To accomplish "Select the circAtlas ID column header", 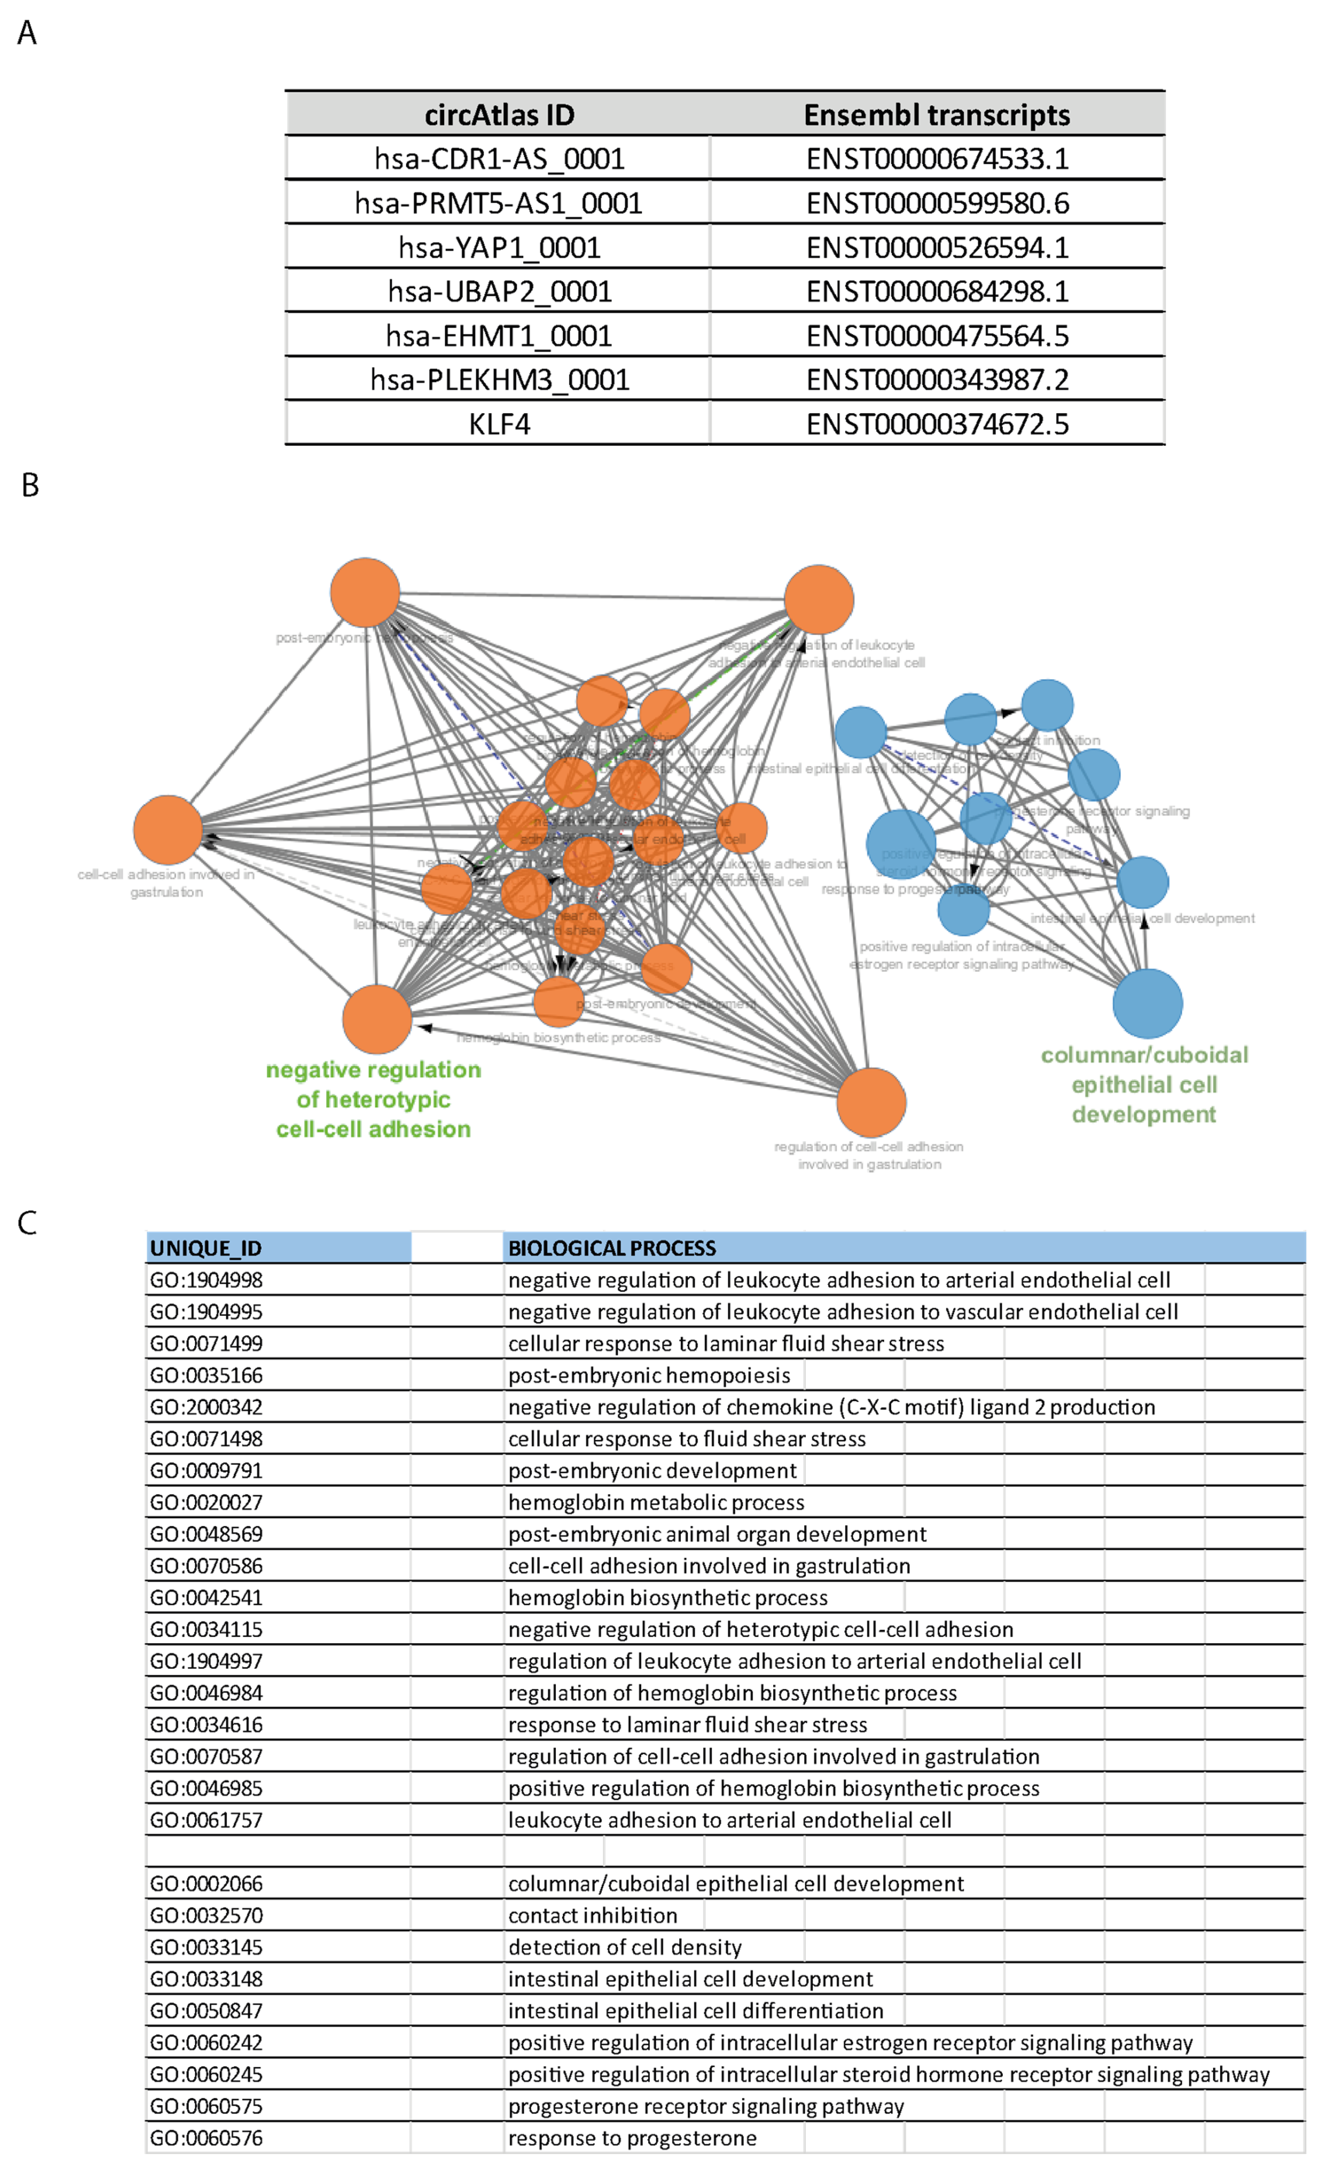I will tap(499, 115).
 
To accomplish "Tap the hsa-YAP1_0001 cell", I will tap(499, 247).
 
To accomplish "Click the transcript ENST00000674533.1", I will tap(937, 159).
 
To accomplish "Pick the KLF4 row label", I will tap(499, 424).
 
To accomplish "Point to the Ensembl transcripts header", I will tap(937, 115).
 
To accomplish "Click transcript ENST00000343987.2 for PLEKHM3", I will tap(937, 380).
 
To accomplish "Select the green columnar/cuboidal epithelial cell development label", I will tap(1144, 1084).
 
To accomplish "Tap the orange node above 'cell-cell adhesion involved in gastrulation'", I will tap(168, 829).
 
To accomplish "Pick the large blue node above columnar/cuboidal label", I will tap(1147, 1003).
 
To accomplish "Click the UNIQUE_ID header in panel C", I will tap(206, 1248).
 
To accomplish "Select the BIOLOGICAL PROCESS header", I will tap(612, 1248).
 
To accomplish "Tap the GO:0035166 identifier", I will tap(206, 1376).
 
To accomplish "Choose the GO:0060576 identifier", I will tap(206, 2138).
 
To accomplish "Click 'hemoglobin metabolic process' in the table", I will tap(656, 1503).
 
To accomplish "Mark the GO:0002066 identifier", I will tap(206, 1884).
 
